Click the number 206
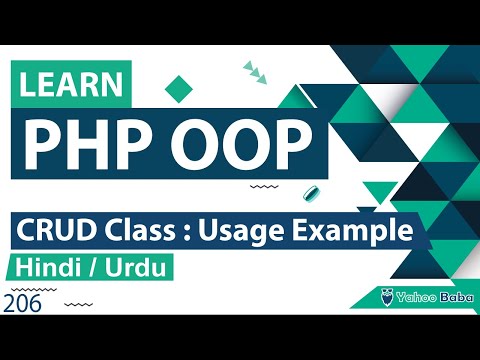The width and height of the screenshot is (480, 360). coord(23,305)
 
